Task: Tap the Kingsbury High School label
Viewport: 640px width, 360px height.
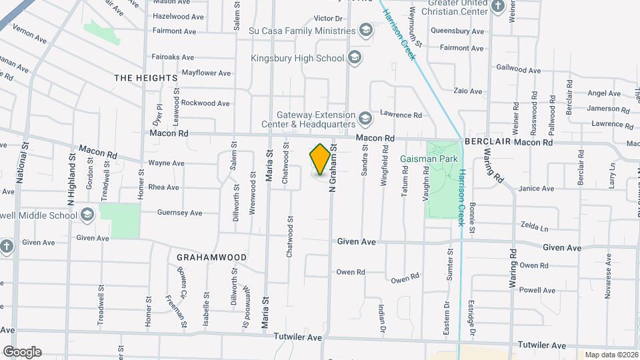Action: point(297,58)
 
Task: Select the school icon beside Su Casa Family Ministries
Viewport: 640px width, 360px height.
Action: point(365,30)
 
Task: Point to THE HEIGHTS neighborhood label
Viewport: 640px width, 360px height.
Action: point(145,78)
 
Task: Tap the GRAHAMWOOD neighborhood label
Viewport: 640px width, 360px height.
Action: point(211,257)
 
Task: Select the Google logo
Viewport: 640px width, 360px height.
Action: point(22,351)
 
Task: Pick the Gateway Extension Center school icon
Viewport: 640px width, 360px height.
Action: point(365,119)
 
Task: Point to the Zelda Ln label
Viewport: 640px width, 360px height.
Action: point(534,227)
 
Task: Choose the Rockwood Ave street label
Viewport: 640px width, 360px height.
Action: point(205,103)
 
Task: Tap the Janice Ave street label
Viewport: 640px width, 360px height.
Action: point(536,189)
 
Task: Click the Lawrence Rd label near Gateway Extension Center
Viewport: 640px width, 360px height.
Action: point(401,115)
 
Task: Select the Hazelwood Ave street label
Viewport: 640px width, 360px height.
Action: point(178,17)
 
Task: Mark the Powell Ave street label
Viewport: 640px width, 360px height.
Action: point(537,290)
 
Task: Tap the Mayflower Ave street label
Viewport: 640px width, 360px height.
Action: point(206,73)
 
